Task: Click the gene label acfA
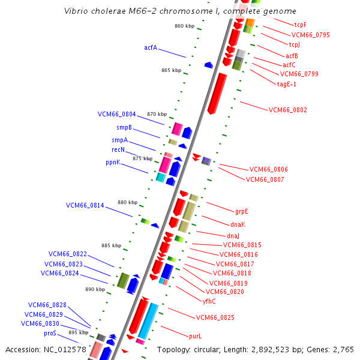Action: click(x=151, y=47)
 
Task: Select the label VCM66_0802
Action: click(x=287, y=110)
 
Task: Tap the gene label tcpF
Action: click(x=301, y=25)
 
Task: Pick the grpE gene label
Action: click(x=242, y=211)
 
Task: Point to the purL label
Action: click(x=196, y=337)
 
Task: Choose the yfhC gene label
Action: click(x=209, y=301)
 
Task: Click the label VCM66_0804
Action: click(x=117, y=114)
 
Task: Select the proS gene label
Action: click(x=50, y=332)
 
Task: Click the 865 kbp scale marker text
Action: click(x=171, y=70)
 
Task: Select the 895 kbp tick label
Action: click(x=78, y=332)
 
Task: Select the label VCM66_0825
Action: click(x=215, y=317)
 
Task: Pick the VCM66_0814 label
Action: click(x=85, y=205)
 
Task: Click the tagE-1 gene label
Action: click(x=286, y=84)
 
